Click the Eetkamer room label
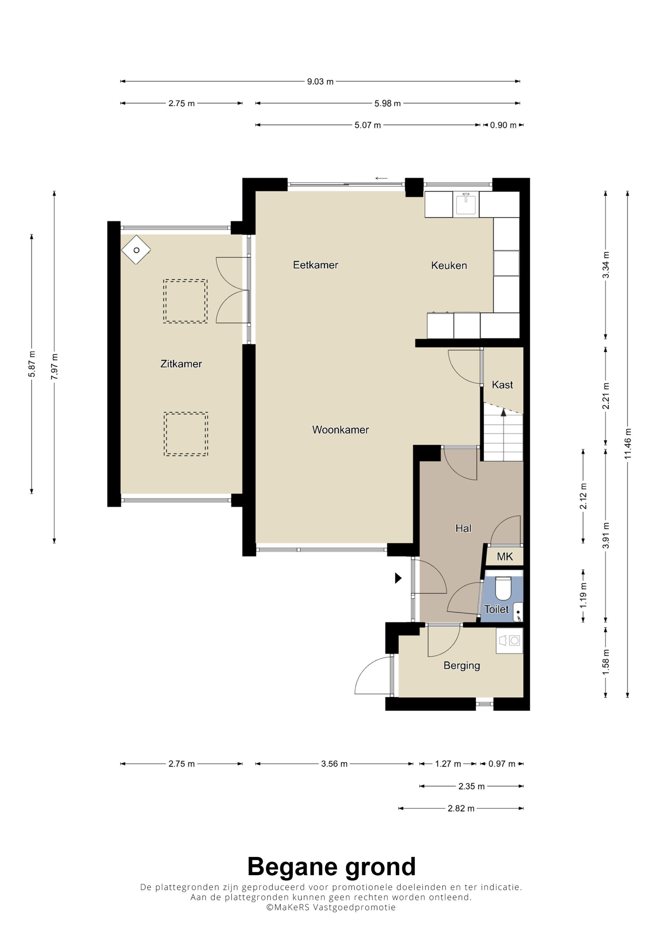click(315, 265)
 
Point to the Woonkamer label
click(340, 430)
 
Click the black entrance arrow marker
click(398, 578)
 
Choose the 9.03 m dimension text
click(320, 82)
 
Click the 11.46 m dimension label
click(627, 444)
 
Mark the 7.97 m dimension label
click(54, 366)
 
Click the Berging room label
click(461, 665)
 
